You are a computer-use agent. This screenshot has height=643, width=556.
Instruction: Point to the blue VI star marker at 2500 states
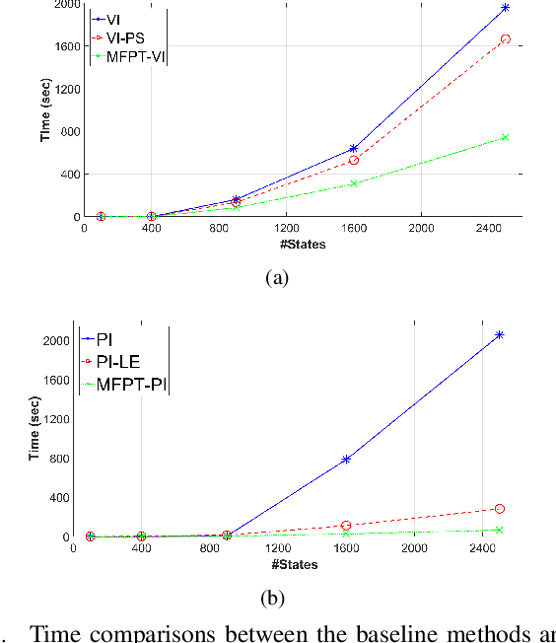click(x=505, y=8)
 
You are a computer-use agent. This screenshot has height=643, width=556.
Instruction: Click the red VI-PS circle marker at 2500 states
click(x=505, y=39)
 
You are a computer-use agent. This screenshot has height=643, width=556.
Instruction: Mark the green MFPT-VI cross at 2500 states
click(x=505, y=137)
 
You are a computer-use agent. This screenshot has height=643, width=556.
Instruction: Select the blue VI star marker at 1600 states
click(x=353, y=149)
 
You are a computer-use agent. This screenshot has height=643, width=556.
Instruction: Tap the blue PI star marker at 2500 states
click(x=500, y=335)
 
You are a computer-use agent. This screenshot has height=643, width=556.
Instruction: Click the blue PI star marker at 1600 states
click(x=346, y=459)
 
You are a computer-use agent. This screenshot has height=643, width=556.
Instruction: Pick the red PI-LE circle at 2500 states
click(x=500, y=509)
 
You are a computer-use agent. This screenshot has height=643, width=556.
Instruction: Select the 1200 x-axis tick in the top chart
click(x=286, y=228)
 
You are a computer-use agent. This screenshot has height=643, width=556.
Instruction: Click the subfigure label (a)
click(x=277, y=279)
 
